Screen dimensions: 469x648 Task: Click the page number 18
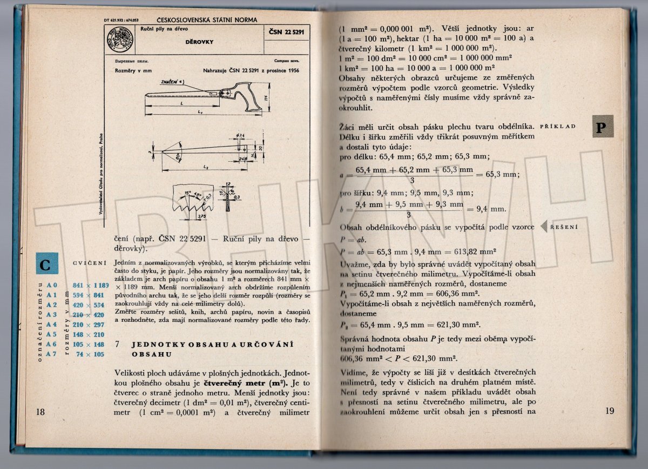40,412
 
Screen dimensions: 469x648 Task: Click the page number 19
609,411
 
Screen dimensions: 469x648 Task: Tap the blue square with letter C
45,265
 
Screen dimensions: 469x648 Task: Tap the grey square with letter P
603,126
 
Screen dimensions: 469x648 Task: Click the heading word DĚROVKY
199,42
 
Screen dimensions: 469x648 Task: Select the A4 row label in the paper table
51,324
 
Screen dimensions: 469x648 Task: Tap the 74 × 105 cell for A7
90,354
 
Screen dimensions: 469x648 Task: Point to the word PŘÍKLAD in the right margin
558,126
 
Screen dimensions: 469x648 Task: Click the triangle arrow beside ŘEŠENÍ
544,227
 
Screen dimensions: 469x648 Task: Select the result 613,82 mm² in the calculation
476,252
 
